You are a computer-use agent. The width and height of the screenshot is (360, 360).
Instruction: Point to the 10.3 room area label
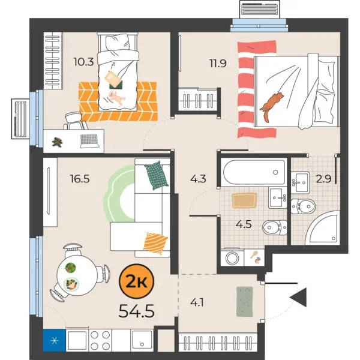(83, 60)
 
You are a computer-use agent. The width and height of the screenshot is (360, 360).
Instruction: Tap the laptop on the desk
(90, 140)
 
